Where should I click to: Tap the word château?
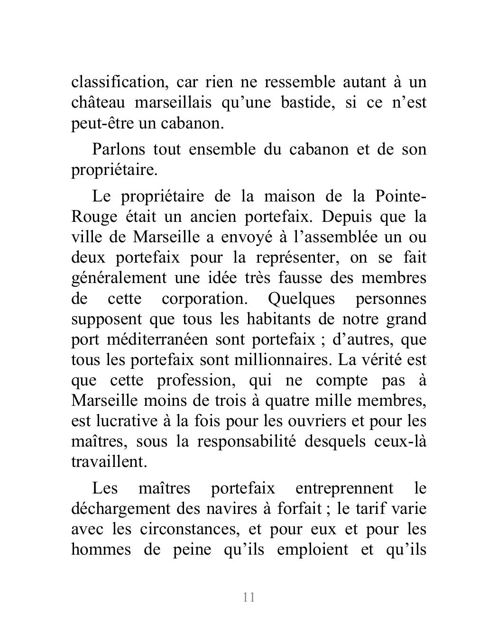point(98,102)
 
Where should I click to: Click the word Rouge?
point(94,217)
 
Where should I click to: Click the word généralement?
point(119,278)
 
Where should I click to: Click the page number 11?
point(249,597)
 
